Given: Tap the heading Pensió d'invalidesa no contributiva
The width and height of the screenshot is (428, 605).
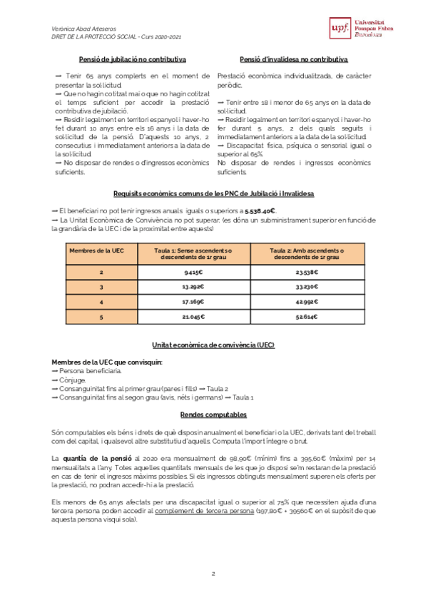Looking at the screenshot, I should tap(294, 60).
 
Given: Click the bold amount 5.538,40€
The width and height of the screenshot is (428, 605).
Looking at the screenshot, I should tap(260, 211).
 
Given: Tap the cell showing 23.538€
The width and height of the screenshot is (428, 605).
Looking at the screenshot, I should tap(307, 273).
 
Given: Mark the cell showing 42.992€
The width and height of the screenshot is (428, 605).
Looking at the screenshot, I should tap(307, 302).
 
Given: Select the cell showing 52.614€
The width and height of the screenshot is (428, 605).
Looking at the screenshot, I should tap(307, 317).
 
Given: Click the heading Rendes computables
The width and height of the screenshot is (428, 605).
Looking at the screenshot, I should tap(213, 415).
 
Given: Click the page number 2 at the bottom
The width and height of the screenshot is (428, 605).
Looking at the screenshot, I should tap(213, 574).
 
